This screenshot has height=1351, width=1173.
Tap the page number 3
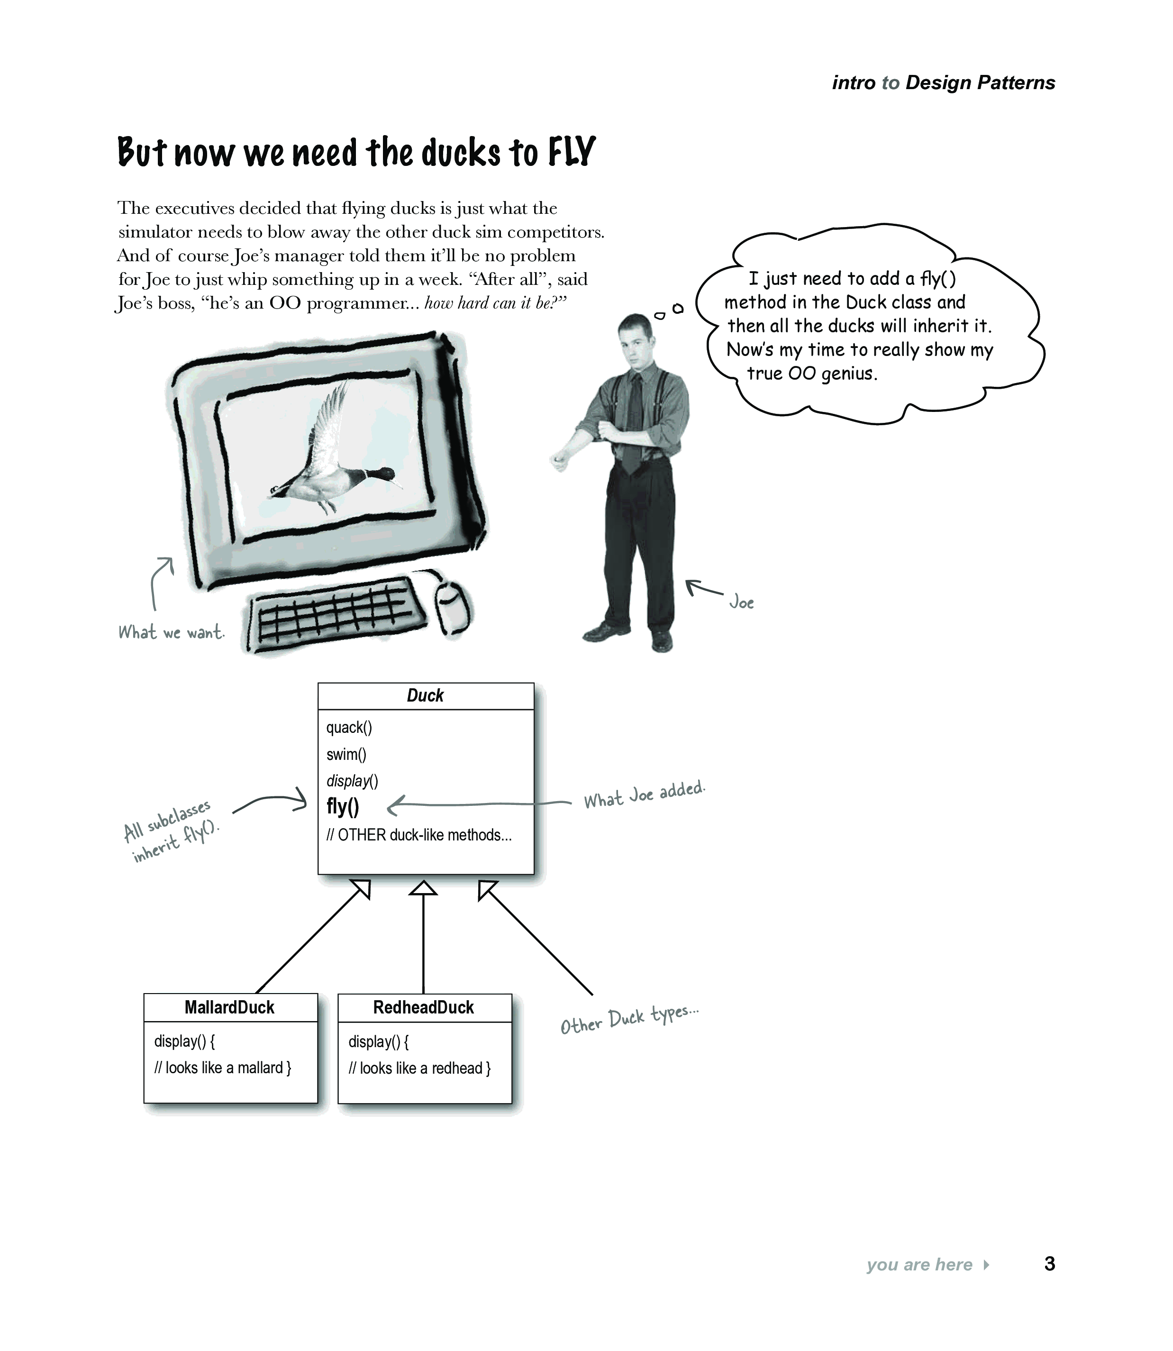tap(1049, 1263)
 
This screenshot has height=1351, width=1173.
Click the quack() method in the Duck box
tap(349, 727)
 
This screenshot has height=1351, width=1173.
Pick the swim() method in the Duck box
tap(346, 754)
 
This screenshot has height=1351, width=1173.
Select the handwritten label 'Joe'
tap(742, 602)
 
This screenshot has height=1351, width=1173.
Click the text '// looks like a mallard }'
tap(223, 1068)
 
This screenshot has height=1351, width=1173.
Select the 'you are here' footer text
tap(919, 1265)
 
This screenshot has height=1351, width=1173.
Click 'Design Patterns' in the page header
tap(980, 82)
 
